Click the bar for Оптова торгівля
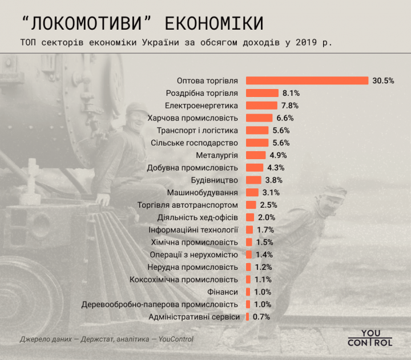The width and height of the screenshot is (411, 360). coord(307,80)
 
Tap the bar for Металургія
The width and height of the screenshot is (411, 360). coord(256,155)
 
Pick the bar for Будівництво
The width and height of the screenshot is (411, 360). coord(253,180)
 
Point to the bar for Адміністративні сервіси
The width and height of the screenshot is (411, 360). coord(247,317)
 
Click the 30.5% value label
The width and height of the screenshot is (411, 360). coord(383,80)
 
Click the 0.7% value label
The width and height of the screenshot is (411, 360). coord(260,317)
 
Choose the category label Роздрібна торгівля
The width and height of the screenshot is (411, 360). coord(202,93)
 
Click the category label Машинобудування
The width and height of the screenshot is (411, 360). coord(203,192)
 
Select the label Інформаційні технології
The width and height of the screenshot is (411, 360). coord(193,230)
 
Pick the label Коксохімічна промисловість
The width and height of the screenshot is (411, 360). coord(192,280)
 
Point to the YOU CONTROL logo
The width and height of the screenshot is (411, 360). coord(370,338)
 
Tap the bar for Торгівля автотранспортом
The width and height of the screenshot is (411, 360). coord(251,205)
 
